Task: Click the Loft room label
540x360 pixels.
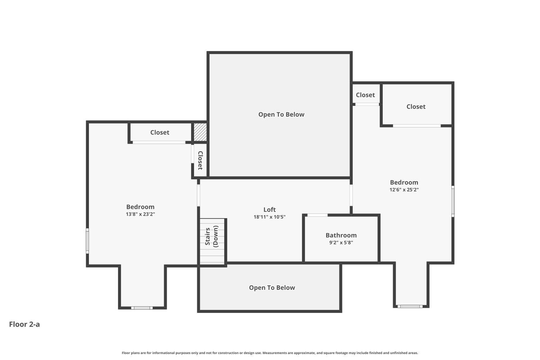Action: tap(269, 210)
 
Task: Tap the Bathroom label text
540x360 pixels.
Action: tap(341, 235)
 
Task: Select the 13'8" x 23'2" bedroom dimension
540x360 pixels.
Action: tap(140, 214)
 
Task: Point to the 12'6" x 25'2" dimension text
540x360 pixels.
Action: tap(404, 190)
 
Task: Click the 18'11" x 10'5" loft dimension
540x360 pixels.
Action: tap(269, 217)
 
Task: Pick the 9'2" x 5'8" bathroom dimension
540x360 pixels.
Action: tap(341, 243)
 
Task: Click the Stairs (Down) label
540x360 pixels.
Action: tap(211, 236)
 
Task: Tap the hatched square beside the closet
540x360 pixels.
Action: tap(200, 132)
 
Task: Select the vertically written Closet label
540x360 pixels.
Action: tap(200, 160)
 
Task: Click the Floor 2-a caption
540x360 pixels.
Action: tap(24, 324)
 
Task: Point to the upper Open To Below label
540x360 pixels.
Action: tap(281, 114)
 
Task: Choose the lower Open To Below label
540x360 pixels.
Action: tap(272, 288)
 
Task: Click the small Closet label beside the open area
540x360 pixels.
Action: tap(365, 95)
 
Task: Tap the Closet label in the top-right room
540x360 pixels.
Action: tap(416, 107)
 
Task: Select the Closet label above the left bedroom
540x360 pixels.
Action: tap(159, 132)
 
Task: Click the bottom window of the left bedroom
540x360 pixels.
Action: tap(142, 308)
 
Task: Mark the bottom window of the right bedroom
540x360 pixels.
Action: tap(410, 306)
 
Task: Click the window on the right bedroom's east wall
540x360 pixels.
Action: tap(453, 201)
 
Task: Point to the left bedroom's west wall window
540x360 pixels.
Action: tap(87, 241)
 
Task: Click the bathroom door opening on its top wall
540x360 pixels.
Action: tap(317, 215)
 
